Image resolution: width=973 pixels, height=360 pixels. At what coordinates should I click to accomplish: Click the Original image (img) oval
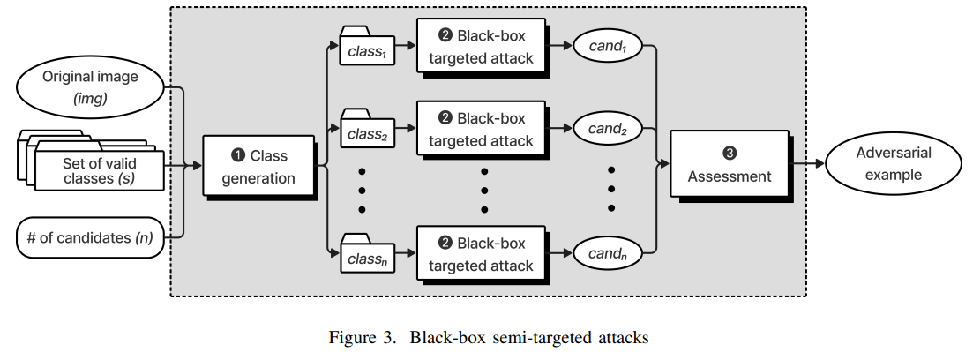[x=90, y=87]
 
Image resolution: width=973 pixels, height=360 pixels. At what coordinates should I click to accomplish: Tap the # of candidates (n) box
[x=90, y=237]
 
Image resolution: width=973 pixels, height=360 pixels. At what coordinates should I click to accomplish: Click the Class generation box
[x=258, y=166]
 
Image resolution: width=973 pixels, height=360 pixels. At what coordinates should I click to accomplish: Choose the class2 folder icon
[x=366, y=131]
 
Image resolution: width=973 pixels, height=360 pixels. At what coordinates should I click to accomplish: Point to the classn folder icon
[x=366, y=257]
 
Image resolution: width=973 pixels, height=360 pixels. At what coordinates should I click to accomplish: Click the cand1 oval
[x=606, y=49]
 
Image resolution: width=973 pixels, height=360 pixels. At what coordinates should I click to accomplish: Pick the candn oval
[x=606, y=253]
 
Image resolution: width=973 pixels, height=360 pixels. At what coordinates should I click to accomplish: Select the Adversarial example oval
[x=893, y=164]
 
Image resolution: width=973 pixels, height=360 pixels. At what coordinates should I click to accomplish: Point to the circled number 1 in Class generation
[x=238, y=156]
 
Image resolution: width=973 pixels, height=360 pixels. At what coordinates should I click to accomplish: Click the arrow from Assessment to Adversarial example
[x=806, y=164]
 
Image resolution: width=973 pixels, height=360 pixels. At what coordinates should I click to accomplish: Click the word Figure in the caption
[x=351, y=337]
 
